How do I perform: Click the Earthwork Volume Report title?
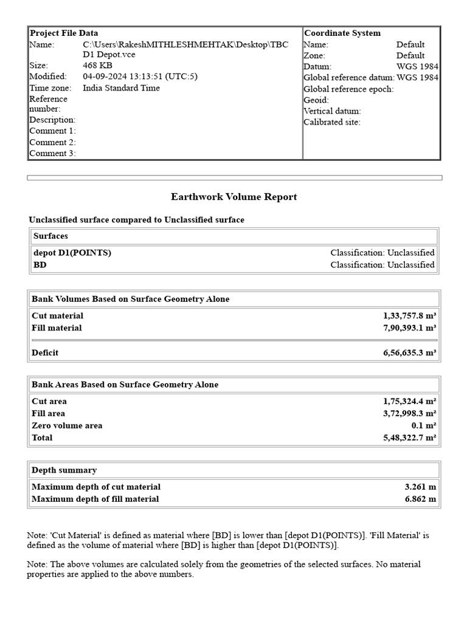(234, 197)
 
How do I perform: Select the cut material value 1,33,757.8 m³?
(409, 316)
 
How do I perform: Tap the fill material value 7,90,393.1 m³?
(409, 328)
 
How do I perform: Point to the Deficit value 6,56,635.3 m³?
(409, 353)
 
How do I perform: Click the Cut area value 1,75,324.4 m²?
(409, 402)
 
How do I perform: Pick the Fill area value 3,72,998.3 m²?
(409, 414)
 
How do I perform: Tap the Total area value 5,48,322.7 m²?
(409, 438)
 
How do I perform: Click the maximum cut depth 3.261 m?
(420, 487)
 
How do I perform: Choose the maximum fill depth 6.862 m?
(420, 499)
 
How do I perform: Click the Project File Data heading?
(64, 33)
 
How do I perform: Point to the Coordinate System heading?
(342, 33)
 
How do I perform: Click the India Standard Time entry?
(121, 88)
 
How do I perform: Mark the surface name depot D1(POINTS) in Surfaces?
(72, 253)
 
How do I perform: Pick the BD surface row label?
(40, 265)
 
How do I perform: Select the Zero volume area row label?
(67, 426)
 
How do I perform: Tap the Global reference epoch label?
(348, 89)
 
